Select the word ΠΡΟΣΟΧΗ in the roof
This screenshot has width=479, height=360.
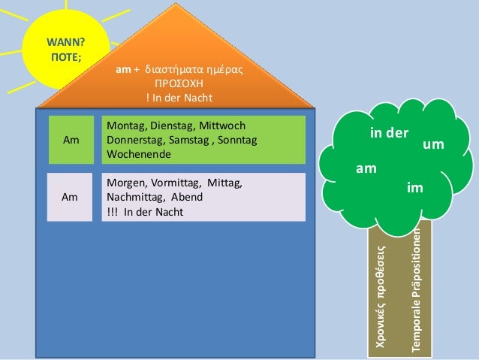(179, 85)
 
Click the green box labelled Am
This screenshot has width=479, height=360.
(71, 140)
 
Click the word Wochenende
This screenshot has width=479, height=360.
(137, 154)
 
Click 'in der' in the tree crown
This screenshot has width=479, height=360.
(389, 133)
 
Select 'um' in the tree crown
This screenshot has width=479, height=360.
(433, 143)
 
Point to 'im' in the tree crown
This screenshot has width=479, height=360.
(414, 186)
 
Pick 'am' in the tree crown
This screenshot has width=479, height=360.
(366, 169)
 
